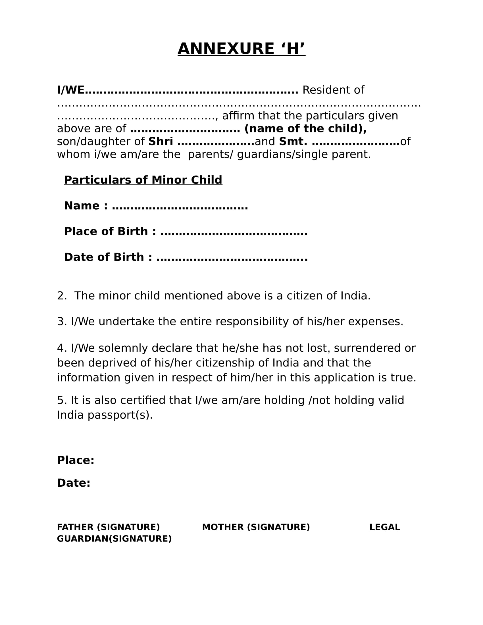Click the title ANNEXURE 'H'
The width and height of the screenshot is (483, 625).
coord(241,49)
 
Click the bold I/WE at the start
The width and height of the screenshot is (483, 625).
coord(71,90)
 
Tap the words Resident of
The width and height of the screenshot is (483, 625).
coord(333,90)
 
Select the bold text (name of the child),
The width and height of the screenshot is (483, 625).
coord(305,128)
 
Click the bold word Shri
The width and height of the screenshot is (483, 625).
coord(161,141)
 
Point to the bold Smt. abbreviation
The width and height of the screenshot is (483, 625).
coord(293,141)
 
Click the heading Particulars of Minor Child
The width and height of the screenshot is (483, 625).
coord(143,180)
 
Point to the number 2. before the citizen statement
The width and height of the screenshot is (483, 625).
coord(62,296)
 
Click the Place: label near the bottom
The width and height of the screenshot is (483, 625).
coord(76,461)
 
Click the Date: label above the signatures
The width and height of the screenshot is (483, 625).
coord(74,483)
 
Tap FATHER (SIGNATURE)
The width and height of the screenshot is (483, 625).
coord(108,527)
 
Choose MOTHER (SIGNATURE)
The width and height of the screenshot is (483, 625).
coord(256,527)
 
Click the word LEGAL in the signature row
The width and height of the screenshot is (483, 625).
coord(385,527)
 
